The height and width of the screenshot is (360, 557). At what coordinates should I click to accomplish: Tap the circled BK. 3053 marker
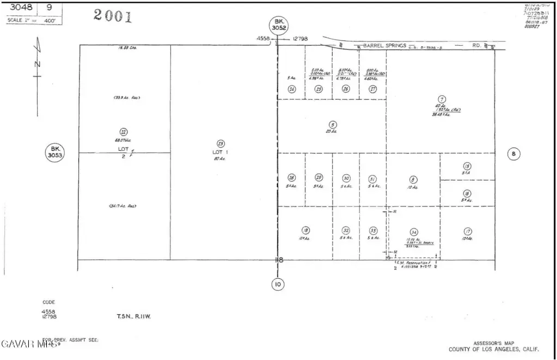[x=55, y=152]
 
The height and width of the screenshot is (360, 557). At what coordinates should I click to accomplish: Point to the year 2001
[x=113, y=15]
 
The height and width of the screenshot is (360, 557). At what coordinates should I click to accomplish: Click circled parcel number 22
[x=124, y=131]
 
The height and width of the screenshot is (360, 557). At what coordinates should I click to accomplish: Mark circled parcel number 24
[x=292, y=89]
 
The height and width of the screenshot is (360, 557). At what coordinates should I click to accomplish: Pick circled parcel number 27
[x=373, y=89]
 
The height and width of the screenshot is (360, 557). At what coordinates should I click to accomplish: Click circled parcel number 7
[x=442, y=99]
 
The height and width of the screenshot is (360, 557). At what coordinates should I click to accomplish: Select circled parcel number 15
[x=467, y=166]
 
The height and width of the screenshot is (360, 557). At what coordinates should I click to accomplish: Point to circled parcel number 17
[x=467, y=231]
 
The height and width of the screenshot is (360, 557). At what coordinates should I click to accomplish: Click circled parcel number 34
[x=414, y=231]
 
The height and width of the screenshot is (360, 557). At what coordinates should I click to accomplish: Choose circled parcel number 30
[x=346, y=178]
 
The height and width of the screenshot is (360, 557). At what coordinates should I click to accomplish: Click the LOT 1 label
[x=220, y=152]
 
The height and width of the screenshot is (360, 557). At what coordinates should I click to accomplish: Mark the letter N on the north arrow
[x=37, y=64]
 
